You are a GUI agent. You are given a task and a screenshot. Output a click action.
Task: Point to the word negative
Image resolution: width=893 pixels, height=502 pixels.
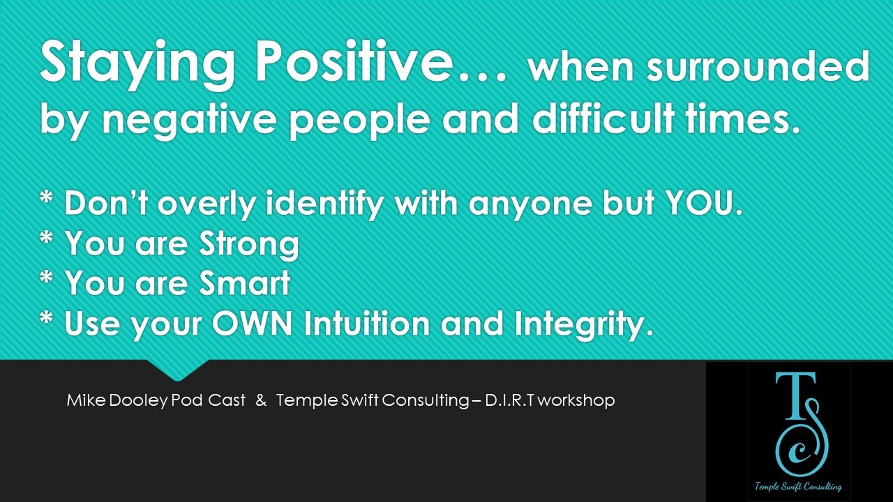pyautogui.click(x=189, y=119)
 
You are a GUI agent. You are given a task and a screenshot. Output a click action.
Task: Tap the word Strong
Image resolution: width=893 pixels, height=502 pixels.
pyautogui.click(x=249, y=244)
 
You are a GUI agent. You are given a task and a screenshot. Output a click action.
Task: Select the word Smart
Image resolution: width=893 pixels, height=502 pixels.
pyautogui.click(x=245, y=282)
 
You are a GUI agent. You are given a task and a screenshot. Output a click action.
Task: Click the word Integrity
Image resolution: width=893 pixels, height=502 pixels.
pyautogui.click(x=584, y=324)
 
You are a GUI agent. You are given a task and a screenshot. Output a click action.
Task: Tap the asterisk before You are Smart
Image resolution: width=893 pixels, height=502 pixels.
pyautogui.click(x=47, y=277)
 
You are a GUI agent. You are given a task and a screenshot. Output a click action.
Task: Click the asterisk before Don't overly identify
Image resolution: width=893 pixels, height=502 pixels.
pyautogui.click(x=47, y=197)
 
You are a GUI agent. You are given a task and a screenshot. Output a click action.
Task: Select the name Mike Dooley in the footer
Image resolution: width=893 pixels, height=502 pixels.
pyautogui.click(x=117, y=400)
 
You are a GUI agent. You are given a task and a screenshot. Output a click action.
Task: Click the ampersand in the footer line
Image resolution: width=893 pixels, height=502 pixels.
pyautogui.click(x=261, y=400)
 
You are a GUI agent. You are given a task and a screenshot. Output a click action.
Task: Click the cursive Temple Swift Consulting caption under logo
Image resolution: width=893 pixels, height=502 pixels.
pyautogui.click(x=798, y=487)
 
